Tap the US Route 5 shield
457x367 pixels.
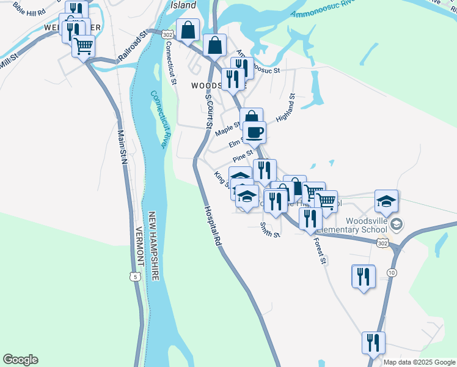click(135, 276)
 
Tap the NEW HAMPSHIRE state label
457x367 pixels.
click(153, 246)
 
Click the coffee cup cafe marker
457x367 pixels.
click(254, 131)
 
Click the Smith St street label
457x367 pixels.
click(269, 230)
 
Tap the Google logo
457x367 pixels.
click(20, 360)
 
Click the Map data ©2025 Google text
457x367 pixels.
click(419, 362)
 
